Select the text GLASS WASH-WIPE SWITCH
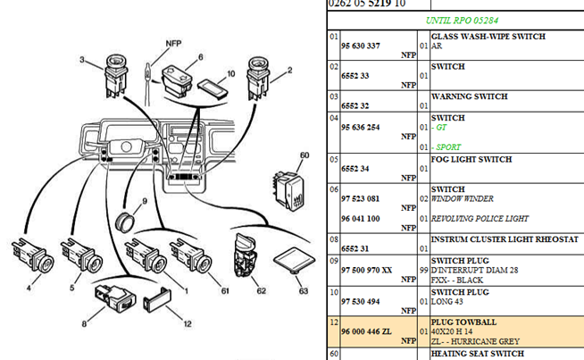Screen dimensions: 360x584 [488, 37]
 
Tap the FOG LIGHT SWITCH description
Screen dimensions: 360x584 [471, 160]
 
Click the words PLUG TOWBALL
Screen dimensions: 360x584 [465, 321]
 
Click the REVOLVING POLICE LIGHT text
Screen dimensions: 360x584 [480, 219]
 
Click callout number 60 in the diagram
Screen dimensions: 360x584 [305, 155]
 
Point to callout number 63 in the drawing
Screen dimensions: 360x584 [304, 290]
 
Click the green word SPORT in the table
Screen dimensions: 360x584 [450, 147]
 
